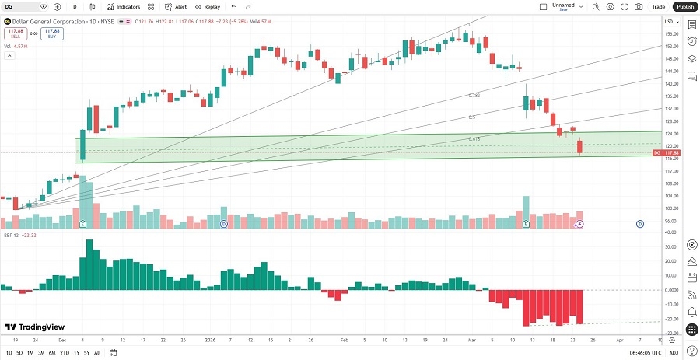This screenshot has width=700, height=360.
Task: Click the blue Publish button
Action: [x=684, y=6]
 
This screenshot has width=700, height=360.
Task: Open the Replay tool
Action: [x=208, y=6]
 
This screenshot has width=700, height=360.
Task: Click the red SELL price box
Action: [x=14, y=34]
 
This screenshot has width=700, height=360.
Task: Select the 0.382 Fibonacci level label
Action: [x=474, y=95]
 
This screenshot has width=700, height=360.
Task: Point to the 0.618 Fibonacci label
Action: [x=474, y=139]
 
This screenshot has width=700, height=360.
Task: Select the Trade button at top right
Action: [x=659, y=6]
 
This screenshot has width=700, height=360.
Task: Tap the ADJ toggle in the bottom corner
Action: [x=674, y=353]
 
